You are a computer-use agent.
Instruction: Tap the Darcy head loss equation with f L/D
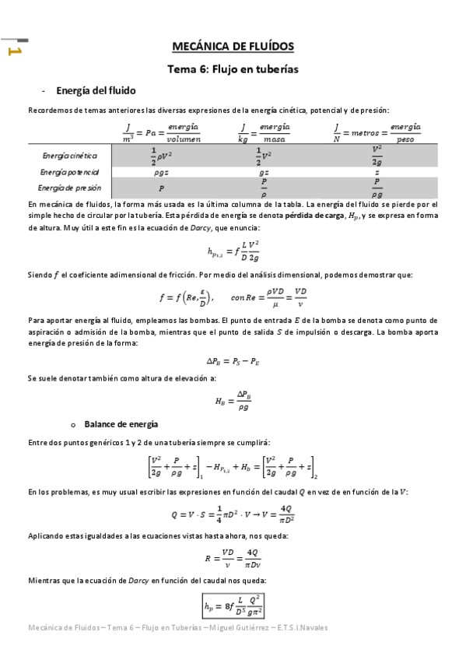tap(233, 251)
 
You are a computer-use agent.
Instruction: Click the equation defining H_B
tap(233, 401)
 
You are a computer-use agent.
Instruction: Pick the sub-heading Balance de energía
tap(121, 424)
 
